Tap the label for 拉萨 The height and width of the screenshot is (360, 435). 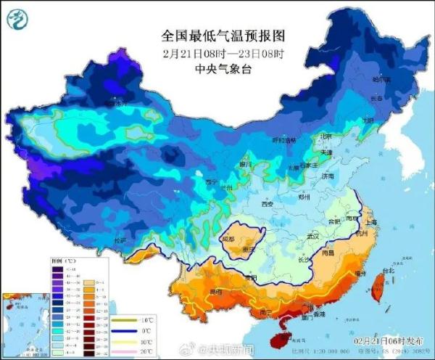[120, 240]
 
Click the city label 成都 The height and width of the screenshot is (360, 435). [228, 237]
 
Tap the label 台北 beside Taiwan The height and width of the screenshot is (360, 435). [387, 271]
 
